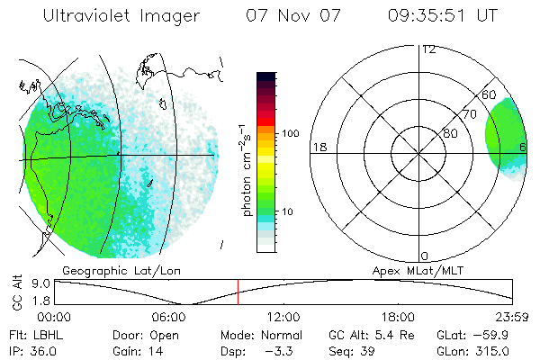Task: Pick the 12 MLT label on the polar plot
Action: (428, 49)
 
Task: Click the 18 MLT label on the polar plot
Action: (319, 147)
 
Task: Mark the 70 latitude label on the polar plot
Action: (469, 114)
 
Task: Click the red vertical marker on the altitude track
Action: (238, 292)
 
